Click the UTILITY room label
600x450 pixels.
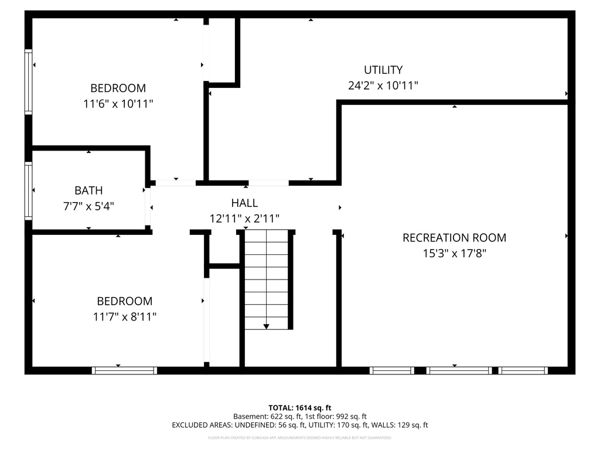click(x=383, y=70)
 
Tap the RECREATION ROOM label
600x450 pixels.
click(x=454, y=238)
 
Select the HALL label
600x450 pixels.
click(x=244, y=203)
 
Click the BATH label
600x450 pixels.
click(x=88, y=190)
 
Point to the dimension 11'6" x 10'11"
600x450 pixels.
click(x=118, y=104)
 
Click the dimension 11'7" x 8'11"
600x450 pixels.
click(x=125, y=317)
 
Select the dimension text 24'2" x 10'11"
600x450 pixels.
click(x=383, y=86)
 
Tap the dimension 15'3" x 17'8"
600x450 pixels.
click(x=454, y=254)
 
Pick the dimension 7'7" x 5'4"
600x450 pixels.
click(x=88, y=206)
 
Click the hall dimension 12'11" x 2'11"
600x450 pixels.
click(x=244, y=219)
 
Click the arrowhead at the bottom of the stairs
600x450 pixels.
click(x=266, y=326)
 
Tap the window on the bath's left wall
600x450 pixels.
click(x=28, y=191)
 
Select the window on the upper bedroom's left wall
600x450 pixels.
click(x=28, y=81)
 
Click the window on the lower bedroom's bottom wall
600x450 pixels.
click(x=125, y=370)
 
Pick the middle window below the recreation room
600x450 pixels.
click(x=459, y=370)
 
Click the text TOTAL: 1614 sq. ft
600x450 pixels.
click(x=300, y=407)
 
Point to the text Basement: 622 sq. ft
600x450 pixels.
click(x=265, y=416)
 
